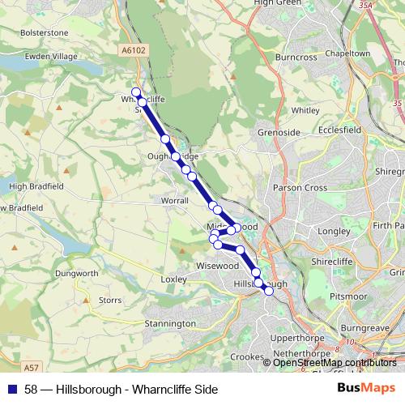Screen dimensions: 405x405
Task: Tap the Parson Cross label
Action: [301, 188]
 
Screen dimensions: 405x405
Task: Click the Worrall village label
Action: [175, 200]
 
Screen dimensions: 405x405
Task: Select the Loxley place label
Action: [173, 279]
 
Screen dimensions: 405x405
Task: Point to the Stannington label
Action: [169, 323]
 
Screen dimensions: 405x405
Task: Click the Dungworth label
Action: [77, 273]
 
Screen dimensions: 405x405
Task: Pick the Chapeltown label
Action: [347, 53]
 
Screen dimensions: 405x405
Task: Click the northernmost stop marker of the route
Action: [136, 92]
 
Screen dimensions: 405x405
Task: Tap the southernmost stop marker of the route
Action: [269, 292]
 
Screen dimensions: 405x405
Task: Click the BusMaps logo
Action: [366, 388]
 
